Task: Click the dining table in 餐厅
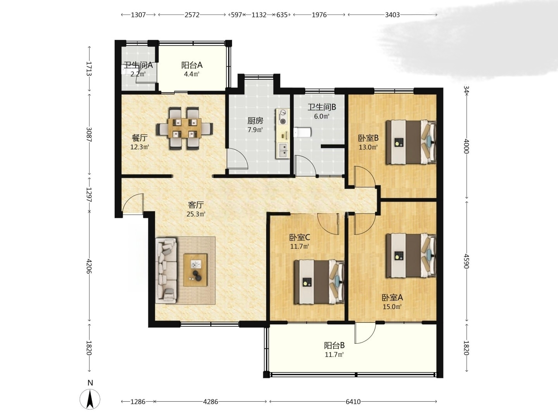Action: (184, 128)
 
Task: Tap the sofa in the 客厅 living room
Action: (167, 271)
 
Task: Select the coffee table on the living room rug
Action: (195, 270)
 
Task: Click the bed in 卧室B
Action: (411, 142)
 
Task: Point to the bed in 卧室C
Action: (319, 282)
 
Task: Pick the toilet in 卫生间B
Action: (302, 132)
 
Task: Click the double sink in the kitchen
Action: (283, 150)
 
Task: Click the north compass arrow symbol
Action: (90, 399)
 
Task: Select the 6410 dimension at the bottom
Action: (353, 401)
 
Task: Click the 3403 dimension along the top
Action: (392, 15)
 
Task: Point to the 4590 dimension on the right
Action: (466, 261)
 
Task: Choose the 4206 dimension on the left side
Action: (89, 266)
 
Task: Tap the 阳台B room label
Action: (334, 345)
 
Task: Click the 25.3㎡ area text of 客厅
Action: (196, 214)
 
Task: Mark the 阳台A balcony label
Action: (192, 65)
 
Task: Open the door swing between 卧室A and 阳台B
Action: (365, 333)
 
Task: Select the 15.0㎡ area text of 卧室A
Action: (392, 307)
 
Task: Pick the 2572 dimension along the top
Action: (192, 15)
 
